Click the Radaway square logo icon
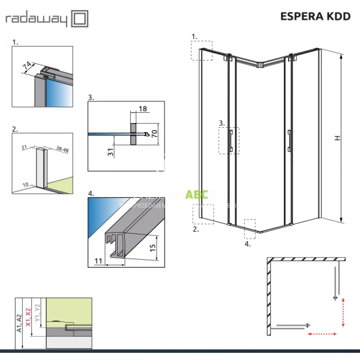pos(79,19)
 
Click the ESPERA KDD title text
pos(316,16)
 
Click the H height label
pos(338,137)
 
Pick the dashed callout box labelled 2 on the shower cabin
pos(203,214)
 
